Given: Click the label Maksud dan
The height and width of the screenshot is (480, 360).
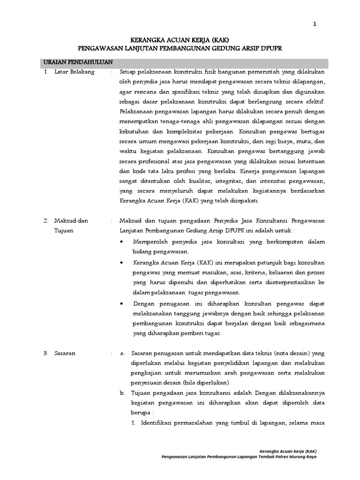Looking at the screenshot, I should click(x=71, y=220).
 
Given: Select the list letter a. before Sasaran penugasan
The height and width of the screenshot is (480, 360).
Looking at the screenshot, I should click(x=122, y=353).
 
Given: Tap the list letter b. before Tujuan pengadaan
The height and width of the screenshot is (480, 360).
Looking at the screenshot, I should click(x=122, y=393).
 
